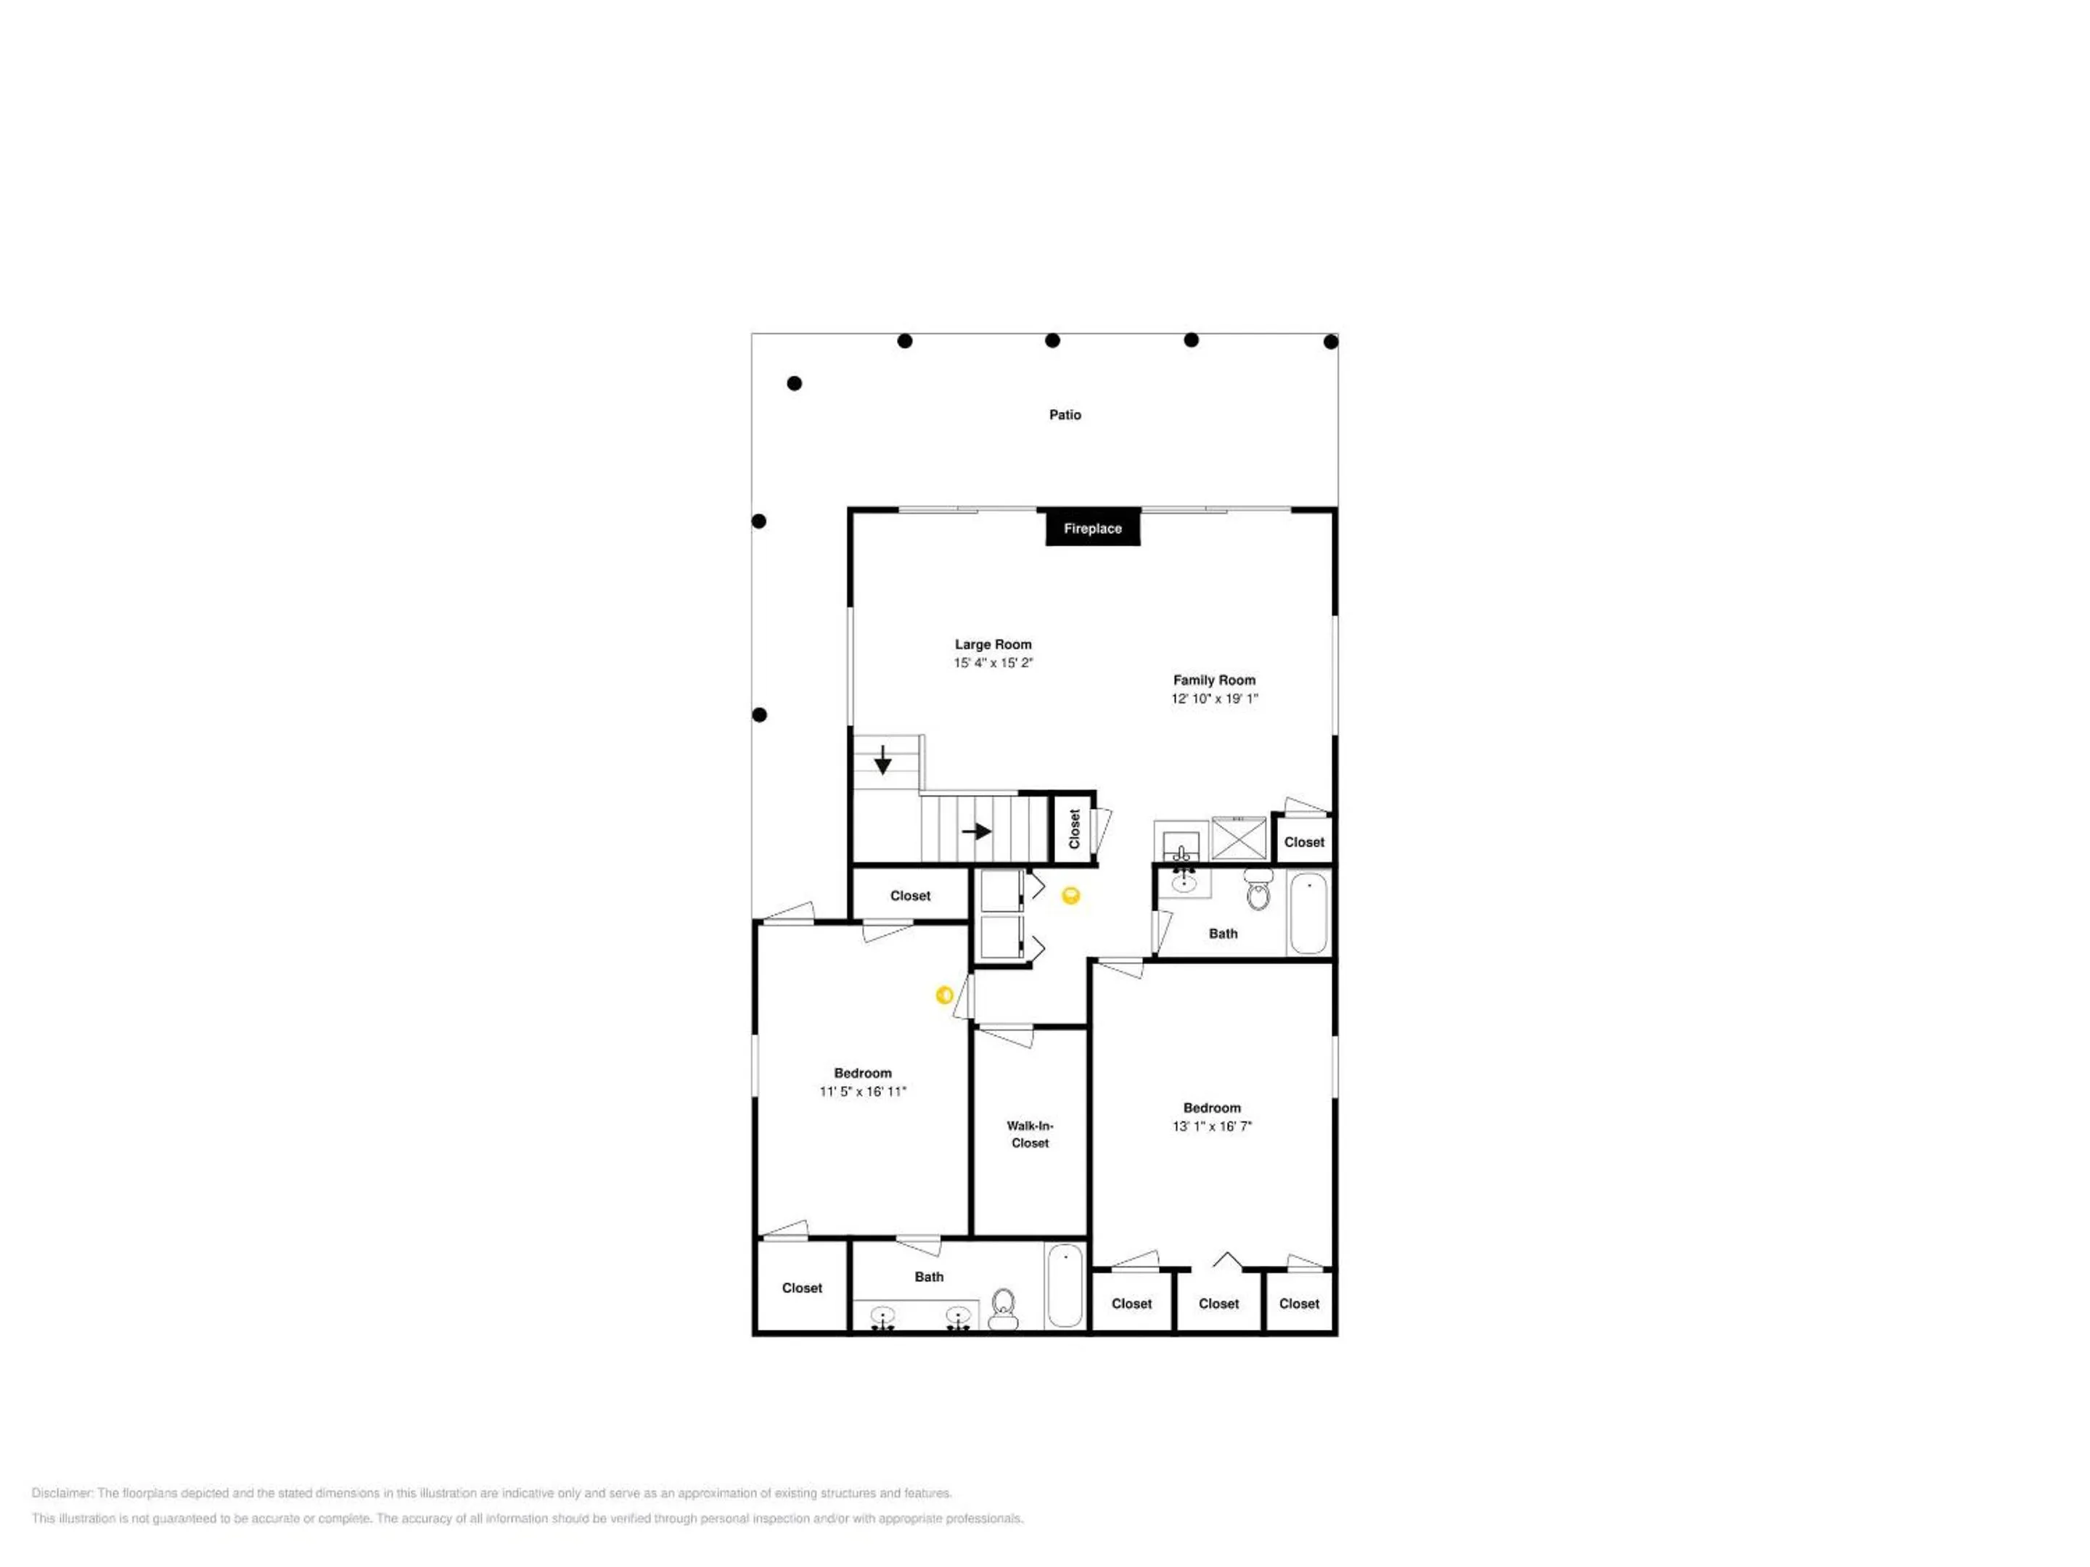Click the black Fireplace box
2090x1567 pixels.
click(x=1092, y=528)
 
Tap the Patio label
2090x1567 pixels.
click(x=1065, y=415)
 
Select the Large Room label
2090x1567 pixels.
click(x=992, y=644)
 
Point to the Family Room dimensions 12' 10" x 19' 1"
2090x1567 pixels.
click(x=1214, y=699)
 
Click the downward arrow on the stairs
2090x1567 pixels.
click(x=882, y=760)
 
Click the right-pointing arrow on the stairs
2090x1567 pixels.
click(x=976, y=831)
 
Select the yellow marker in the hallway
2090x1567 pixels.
click(x=1070, y=895)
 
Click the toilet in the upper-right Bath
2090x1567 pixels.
click(x=1258, y=889)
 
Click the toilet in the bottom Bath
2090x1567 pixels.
click(x=1004, y=1309)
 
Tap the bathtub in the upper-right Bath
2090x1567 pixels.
click(x=1308, y=913)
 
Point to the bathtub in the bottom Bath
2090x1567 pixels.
click(x=1065, y=1286)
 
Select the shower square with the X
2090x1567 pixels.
click(x=1239, y=838)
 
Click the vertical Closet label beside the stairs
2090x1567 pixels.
click(x=1074, y=828)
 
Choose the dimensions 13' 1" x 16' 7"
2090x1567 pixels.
click(x=1212, y=1126)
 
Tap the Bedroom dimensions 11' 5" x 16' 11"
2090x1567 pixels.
click(x=863, y=1091)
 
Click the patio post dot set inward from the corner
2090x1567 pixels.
click(x=795, y=384)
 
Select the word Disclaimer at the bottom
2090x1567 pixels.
click(x=62, y=1493)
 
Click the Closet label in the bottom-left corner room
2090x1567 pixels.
click(x=802, y=1288)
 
